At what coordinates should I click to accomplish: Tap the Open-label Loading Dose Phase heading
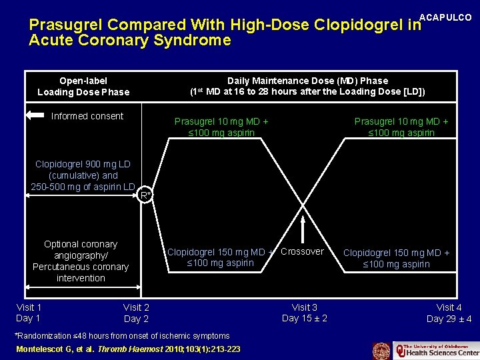click(83, 86)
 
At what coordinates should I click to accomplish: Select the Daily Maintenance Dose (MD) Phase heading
click(307, 86)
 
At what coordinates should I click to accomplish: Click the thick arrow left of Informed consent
click(35, 116)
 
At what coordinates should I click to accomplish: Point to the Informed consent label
click(87, 116)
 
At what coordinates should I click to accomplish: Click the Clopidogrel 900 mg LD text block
click(83, 175)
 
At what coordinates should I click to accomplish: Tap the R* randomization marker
click(145, 195)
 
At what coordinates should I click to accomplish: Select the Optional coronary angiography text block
click(81, 261)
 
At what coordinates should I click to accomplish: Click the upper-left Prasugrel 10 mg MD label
click(221, 127)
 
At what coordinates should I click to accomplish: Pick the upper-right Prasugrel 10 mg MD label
click(401, 127)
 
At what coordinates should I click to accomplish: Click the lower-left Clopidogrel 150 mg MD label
click(220, 257)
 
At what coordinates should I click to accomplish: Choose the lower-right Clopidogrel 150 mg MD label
click(396, 258)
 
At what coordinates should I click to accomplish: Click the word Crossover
click(302, 251)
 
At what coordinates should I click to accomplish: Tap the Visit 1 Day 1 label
click(29, 313)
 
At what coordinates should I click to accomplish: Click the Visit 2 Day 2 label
click(136, 313)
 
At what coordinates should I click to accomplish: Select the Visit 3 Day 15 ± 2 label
click(305, 313)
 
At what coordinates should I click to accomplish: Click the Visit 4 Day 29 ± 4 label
click(449, 313)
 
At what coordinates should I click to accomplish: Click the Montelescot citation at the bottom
click(127, 349)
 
